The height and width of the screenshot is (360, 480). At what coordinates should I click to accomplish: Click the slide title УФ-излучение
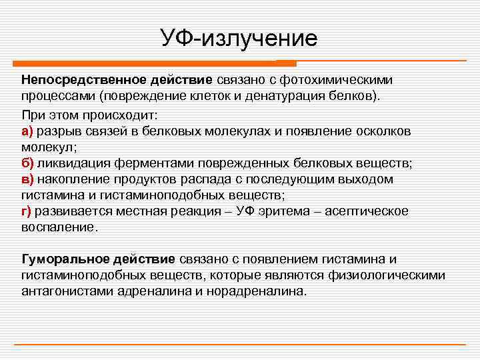[x=239, y=37]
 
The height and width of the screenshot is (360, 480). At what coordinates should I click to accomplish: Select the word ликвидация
[x=72, y=163]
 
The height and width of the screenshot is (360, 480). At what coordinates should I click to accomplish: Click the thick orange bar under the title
[x=146, y=64]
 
